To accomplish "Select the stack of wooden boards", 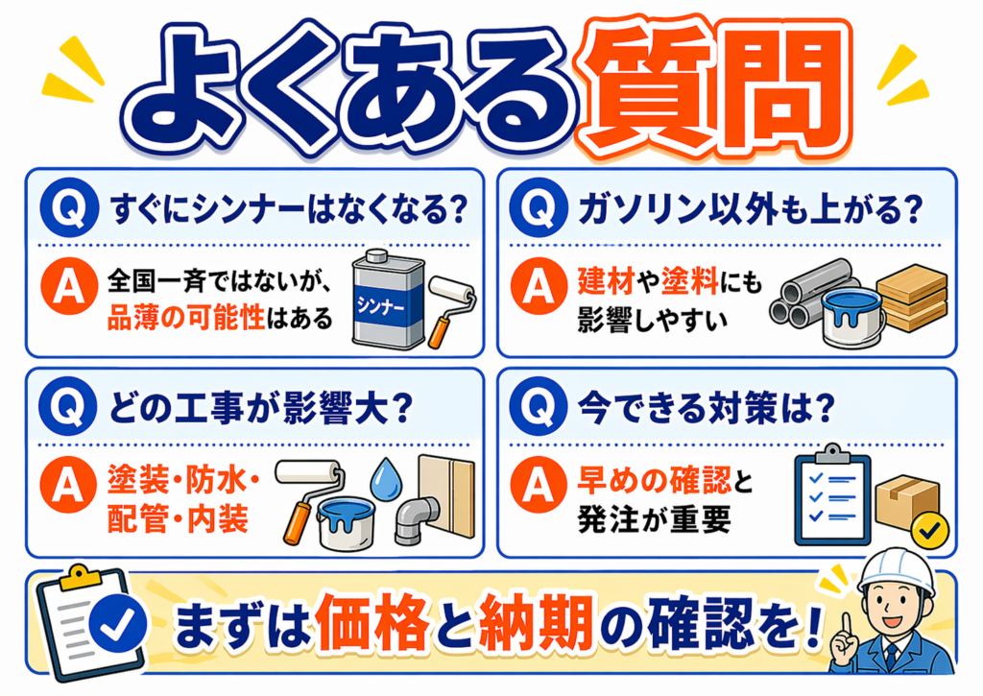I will [911, 298].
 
